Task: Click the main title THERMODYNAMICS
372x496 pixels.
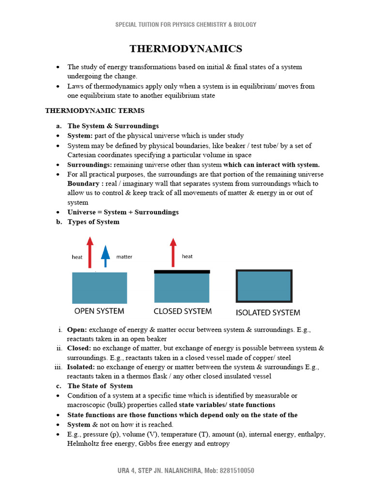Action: tap(186, 49)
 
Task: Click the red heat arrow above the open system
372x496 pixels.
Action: tap(89, 252)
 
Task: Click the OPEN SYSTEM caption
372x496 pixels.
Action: tap(99, 311)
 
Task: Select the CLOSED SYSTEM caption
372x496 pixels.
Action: tap(183, 311)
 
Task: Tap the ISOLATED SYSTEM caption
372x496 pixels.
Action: tap(267, 312)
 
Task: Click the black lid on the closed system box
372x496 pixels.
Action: tap(182, 272)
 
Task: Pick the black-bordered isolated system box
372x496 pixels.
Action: tap(264, 286)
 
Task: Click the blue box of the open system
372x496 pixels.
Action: tap(99, 288)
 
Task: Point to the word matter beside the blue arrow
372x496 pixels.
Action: tap(124, 257)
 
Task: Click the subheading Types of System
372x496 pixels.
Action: tap(93, 222)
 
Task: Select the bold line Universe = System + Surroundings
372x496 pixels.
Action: tap(123, 212)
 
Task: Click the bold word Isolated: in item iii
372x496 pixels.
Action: tap(81, 367)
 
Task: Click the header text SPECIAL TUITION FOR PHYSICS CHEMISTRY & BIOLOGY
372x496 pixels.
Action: tap(186, 24)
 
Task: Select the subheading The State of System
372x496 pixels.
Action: tap(100, 386)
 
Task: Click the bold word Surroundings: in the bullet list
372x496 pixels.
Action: tap(89, 165)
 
